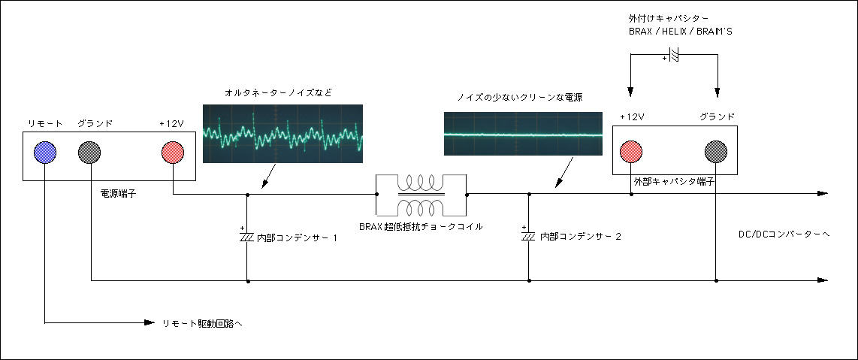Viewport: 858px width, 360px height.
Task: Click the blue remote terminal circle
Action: pos(45,152)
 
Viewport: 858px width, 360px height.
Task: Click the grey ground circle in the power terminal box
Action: pos(89,152)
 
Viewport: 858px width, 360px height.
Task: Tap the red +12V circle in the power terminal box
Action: pos(173,152)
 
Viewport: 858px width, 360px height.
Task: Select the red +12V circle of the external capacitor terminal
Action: pos(630,152)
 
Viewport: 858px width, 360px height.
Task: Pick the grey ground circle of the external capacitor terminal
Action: pos(716,152)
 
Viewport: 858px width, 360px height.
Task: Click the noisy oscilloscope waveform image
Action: pos(282,134)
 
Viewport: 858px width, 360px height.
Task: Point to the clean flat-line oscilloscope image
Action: pos(523,134)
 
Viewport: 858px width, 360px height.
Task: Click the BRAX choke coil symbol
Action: pos(420,194)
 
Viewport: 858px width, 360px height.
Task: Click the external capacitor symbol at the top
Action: pos(674,55)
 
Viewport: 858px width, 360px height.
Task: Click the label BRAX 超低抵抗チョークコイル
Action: pos(421,226)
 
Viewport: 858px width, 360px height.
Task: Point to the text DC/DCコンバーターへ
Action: pos(784,234)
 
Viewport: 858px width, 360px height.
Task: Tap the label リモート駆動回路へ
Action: pos(202,322)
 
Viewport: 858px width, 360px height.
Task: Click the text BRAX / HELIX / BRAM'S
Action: pos(680,32)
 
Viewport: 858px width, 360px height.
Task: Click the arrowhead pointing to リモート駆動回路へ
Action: pos(150,322)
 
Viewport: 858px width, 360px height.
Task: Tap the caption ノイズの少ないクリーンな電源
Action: pos(519,98)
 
